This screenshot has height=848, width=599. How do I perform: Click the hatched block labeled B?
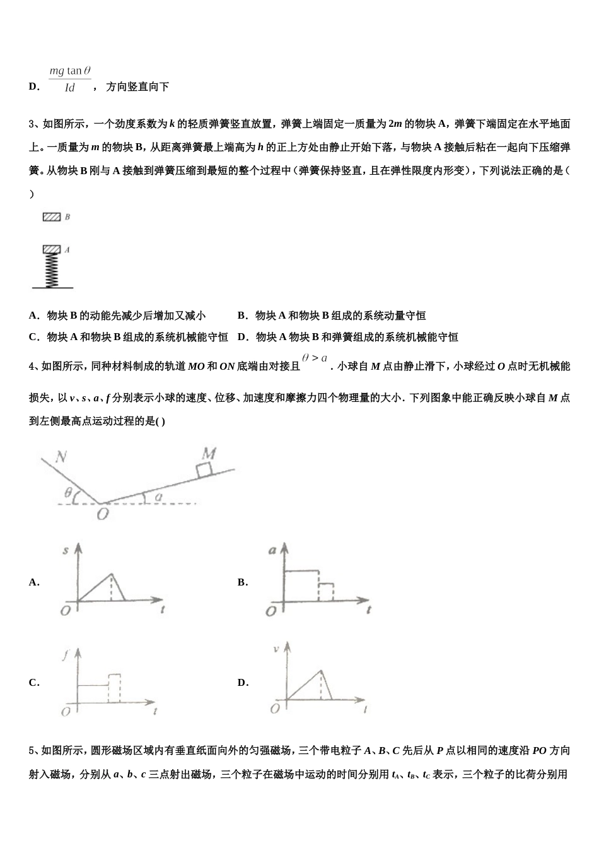pyautogui.click(x=52, y=217)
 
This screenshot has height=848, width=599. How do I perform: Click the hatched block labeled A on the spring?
pyautogui.click(x=52, y=250)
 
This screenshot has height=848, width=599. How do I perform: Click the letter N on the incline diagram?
pyautogui.click(x=61, y=456)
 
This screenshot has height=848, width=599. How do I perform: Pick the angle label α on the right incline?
pyautogui.click(x=158, y=497)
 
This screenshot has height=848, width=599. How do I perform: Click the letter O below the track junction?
pyautogui.click(x=103, y=514)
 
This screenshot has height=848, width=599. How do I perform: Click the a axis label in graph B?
pyautogui.click(x=273, y=550)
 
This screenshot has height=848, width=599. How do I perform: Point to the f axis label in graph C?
pyautogui.click(x=65, y=655)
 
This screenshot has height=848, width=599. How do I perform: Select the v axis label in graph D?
pyautogui.click(x=276, y=648)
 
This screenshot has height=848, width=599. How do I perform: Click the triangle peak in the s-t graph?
pyautogui.click(x=112, y=574)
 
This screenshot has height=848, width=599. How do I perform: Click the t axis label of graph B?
pyautogui.click(x=368, y=610)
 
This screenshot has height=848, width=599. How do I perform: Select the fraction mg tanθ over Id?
pyautogui.click(x=70, y=79)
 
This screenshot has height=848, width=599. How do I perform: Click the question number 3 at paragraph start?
pyautogui.click(x=32, y=124)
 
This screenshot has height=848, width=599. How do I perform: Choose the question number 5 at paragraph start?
pyautogui.click(x=32, y=750)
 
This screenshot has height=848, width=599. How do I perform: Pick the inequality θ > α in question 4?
pyautogui.click(x=315, y=358)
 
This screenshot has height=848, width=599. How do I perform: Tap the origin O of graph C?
pyautogui.click(x=65, y=712)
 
